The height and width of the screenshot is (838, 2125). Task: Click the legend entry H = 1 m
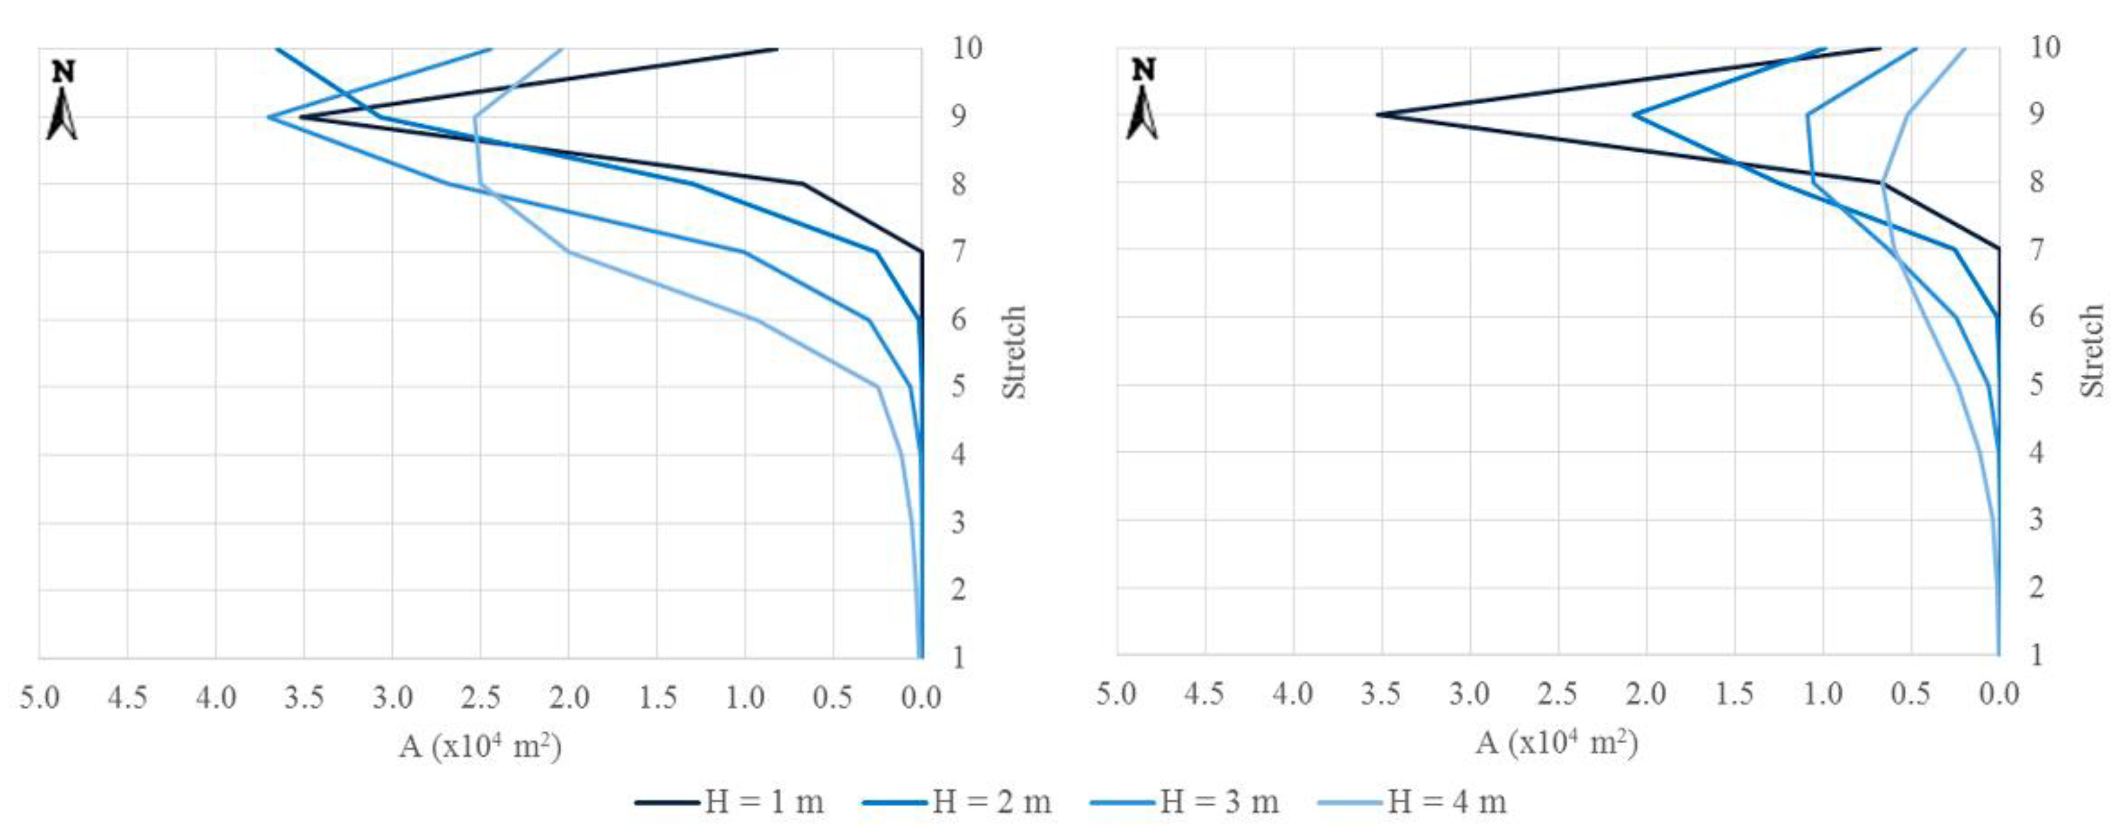pyautogui.click(x=730, y=802)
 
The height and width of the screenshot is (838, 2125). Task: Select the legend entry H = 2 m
pyautogui.click(x=958, y=802)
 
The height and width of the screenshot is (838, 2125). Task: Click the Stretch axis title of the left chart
pyautogui.click(x=1014, y=352)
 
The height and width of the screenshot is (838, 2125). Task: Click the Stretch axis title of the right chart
pyautogui.click(x=2092, y=350)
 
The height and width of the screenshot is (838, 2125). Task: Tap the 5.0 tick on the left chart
pyautogui.click(x=40, y=698)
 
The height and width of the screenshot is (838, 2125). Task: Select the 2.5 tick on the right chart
pyautogui.click(x=1557, y=694)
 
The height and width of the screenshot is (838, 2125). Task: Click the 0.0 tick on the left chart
pyautogui.click(x=921, y=698)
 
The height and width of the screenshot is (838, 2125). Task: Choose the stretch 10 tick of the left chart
pyautogui.click(x=967, y=48)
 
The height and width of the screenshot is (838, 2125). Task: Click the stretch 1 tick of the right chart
pyautogui.click(x=2036, y=655)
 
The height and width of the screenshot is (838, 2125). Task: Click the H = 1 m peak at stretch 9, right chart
pyautogui.click(x=1378, y=115)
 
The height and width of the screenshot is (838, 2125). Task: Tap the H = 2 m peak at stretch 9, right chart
pyautogui.click(x=1635, y=115)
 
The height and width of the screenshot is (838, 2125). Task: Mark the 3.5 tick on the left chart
pyautogui.click(x=304, y=698)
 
